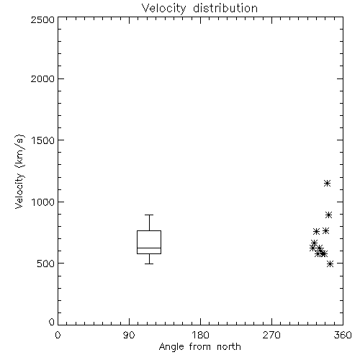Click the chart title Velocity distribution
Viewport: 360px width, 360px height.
tap(199, 9)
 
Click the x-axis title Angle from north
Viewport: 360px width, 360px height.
tap(199, 347)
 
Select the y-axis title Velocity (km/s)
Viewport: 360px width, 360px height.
tap(19, 171)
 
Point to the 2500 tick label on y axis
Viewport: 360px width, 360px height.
tap(42, 19)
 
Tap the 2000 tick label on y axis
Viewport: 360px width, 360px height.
tap(42, 78)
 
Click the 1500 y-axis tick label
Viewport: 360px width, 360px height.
tap(43, 140)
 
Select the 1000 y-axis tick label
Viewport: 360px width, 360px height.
tap(43, 202)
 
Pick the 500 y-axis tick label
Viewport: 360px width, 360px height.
tap(46, 264)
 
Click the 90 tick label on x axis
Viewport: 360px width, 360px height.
tap(129, 335)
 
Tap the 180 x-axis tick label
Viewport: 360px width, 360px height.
tap(200, 335)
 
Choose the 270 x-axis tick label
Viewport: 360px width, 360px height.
tap(271, 335)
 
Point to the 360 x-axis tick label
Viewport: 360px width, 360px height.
tap(343, 335)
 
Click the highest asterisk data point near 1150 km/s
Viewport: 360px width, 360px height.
tap(327, 184)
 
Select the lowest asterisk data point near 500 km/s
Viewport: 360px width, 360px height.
tap(330, 264)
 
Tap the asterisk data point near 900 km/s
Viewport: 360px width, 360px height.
tap(329, 215)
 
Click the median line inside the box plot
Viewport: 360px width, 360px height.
tap(149, 248)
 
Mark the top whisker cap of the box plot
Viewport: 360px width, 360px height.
tap(149, 215)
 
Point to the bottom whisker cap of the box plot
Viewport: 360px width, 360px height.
tap(149, 264)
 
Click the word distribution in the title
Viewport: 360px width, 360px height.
tap(225, 9)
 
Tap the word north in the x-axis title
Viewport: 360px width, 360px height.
tap(229, 347)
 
